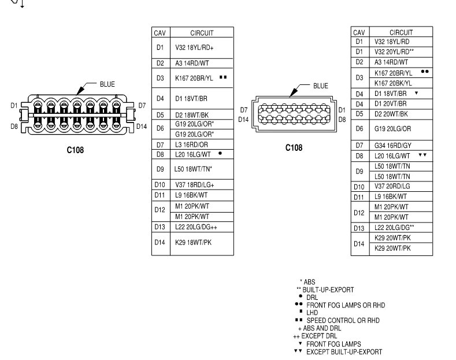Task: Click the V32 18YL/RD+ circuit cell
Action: (194, 48)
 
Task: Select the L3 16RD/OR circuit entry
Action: (191, 144)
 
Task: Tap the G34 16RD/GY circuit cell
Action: (392, 146)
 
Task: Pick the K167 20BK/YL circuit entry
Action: (393, 83)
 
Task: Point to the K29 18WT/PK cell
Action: (193, 243)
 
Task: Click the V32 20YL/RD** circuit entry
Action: (394, 52)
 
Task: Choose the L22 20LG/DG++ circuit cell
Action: (196, 227)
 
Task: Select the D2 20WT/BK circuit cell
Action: (391, 114)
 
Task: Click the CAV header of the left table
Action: (160, 33)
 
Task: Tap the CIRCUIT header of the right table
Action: (401, 32)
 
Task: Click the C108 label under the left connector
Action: (75, 150)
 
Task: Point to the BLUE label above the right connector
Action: (321, 86)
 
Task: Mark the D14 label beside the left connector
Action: (142, 127)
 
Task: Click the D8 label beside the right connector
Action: (342, 120)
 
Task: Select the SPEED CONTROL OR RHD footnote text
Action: (343, 321)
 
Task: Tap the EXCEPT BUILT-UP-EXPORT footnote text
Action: (344, 352)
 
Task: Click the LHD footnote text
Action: (312, 313)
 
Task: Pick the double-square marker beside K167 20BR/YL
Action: (223, 77)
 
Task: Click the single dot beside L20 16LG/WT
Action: (220, 153)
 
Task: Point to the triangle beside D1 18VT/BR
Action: (417, 93)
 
